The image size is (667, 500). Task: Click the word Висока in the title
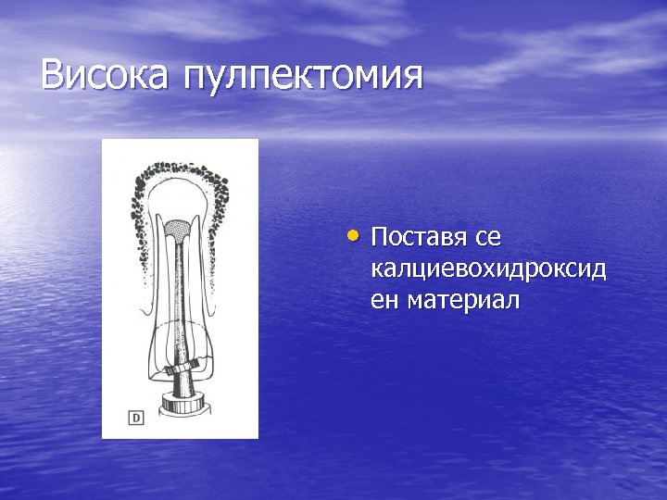coord(104,76)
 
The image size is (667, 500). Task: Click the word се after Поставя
coord(487,239)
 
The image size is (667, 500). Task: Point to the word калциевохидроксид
coord(488,269)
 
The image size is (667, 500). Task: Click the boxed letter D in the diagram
coord(136,419)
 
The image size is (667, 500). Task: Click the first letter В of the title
coord(53,76)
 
